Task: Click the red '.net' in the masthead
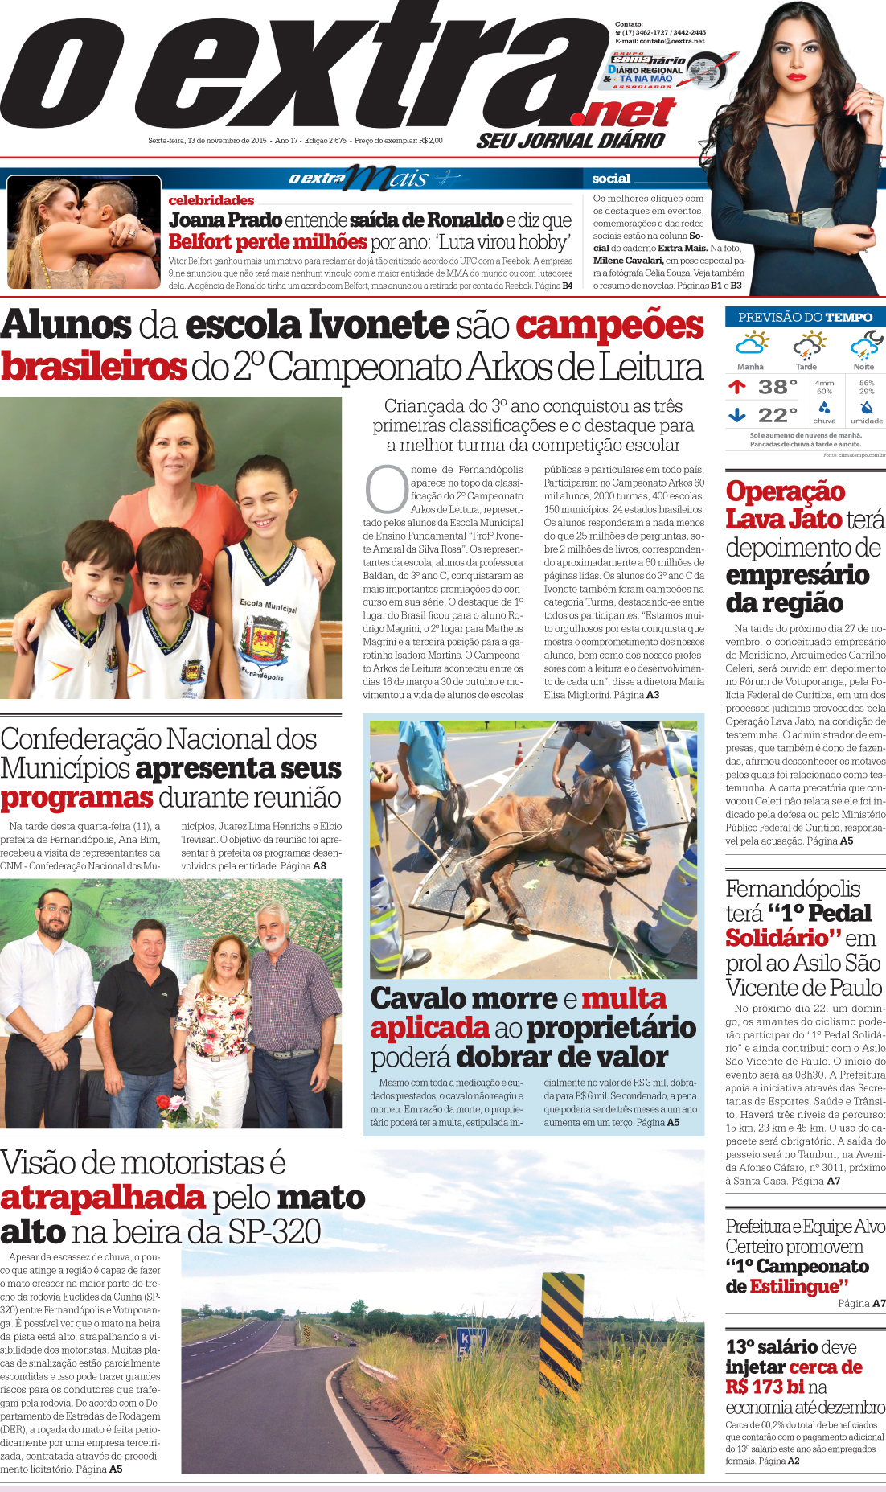tap(629, 113)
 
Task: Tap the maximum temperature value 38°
tap(777, 387)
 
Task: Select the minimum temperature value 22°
tap(777, 415)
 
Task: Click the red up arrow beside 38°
tap(737, 387)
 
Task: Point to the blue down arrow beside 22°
tap(737, 415)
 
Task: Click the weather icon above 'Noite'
tap(865, 346)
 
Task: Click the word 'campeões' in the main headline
tap(609, 326)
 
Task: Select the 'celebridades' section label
tap(211, 200)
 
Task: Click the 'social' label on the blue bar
tap(611, 179)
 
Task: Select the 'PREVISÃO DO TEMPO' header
tap(805, 317)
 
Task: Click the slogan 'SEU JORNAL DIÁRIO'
tap(571, 141)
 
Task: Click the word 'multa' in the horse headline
tap(624, 999)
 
